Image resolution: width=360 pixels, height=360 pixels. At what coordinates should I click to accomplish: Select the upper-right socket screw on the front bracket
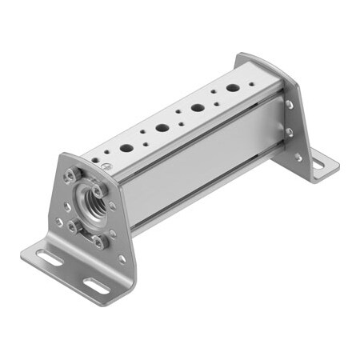click(98, 193)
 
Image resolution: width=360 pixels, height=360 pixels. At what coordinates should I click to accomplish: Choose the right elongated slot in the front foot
click(94, 286)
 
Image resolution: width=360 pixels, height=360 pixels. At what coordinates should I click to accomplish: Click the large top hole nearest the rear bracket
click(232, 87)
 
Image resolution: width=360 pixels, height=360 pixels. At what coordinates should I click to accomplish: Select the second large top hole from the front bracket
click(162, 127)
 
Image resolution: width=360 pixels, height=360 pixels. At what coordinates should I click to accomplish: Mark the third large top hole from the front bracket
click(197, 107)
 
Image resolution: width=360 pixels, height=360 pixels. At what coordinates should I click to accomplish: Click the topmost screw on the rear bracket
click(289, 104)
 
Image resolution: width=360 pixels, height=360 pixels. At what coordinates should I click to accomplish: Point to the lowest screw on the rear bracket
click(298, 158)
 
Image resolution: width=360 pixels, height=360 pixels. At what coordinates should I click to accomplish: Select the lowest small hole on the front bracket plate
click(121, 258)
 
